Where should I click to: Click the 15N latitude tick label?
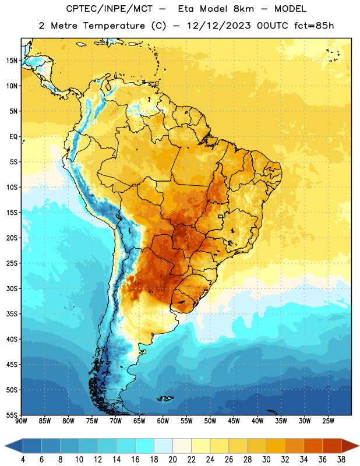(12, 61)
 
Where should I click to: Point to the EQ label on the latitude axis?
(13, 137)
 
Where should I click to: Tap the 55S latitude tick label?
(12, 415)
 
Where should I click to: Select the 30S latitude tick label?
(12, 288)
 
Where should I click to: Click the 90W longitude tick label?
(21, 421)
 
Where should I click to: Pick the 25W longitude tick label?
(328, 421)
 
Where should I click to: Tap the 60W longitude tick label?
(163, 421)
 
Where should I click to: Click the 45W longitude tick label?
(234, 421)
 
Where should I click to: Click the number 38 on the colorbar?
(341, 460)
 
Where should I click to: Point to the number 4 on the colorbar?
(23, 460)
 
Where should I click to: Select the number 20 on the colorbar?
(172, 460)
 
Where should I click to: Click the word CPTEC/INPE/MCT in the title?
(109, 9)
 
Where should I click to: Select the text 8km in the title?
(243, 9)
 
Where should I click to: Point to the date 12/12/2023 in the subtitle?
(219, 26)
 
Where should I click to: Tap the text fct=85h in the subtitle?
(314, 26)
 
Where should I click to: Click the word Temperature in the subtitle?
(114, 26)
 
